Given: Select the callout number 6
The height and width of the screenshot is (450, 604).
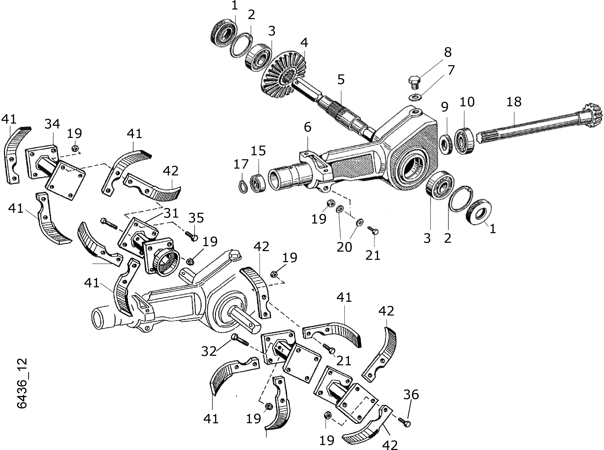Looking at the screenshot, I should point(307,127).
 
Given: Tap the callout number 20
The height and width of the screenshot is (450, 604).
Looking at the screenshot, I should point(344,247).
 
